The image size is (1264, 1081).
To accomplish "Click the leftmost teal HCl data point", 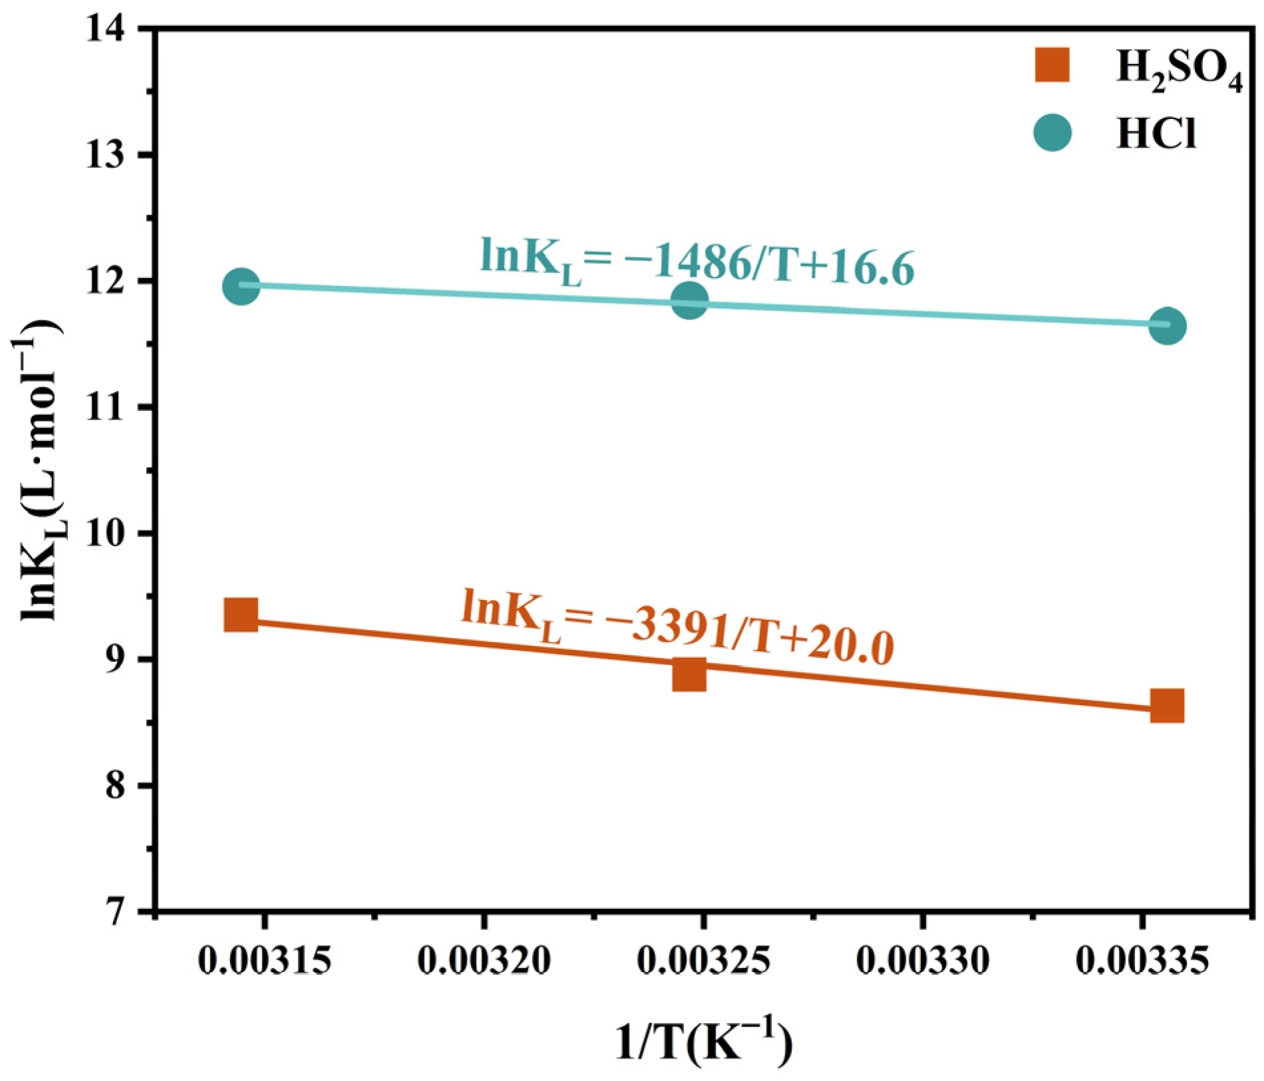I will (x=241, y=286).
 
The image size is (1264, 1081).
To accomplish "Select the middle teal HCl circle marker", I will (x=690, y=300).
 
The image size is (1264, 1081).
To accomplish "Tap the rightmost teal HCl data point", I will (x=1167, y=326).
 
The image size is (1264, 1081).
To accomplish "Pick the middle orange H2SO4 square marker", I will (x=689, y=675).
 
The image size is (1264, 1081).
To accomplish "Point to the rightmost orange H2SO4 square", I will (x=1167, y=706).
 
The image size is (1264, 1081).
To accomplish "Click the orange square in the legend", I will (x=1052, y=65).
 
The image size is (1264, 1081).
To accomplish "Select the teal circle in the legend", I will (x=1053, y=132).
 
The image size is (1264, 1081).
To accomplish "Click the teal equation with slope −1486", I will (x=697, y=262).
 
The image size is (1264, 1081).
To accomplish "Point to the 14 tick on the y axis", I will (x=108, y=29).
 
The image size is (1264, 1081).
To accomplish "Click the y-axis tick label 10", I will (x=108, y=534).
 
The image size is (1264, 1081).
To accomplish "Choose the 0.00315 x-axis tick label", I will (x=265, y=961).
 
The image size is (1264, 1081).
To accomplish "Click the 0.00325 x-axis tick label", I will (x=703, y=961).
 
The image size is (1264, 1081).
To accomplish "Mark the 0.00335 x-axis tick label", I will (x=1142, y=961).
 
